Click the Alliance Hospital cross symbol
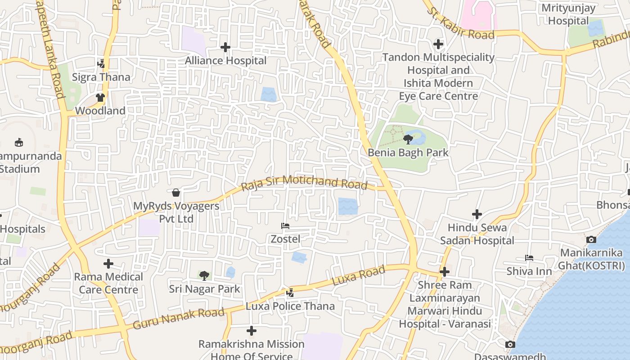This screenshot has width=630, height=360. pyautogui.click(x=225, y=47)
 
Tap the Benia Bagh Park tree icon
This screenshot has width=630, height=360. pyautogui.click(x=408, y=139)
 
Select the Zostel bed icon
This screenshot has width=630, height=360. pyautogui.click(x=285, y=226)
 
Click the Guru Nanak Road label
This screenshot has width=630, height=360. pyautogui.click(x=178, y=319)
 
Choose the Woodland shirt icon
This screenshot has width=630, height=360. pyautogui.click(x=100, y=98)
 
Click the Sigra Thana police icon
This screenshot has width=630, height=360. pyautogui.click(x=101, y=64)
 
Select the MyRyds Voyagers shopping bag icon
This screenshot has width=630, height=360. pyautogui.click(x=176, y=193)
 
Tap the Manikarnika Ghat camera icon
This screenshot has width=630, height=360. pyautogui.click(x=591, y=239)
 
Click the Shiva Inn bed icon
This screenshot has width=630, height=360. pyautogui.click(x=529, y=258)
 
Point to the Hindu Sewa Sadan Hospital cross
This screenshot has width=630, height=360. pyautogui.click(x=477, y=214)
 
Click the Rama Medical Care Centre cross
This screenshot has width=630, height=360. pyautogui.click(x=108, y=264)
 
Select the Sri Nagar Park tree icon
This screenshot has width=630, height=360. pyautogui.click(x=204, y=275)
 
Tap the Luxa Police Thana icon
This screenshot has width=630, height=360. pyautogui.click(x=290, y=293)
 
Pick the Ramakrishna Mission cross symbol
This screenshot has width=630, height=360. pyautogui.click(x=252, y=331)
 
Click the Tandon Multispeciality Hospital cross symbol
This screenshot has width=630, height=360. pyautogui.click(x=438, y=44)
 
